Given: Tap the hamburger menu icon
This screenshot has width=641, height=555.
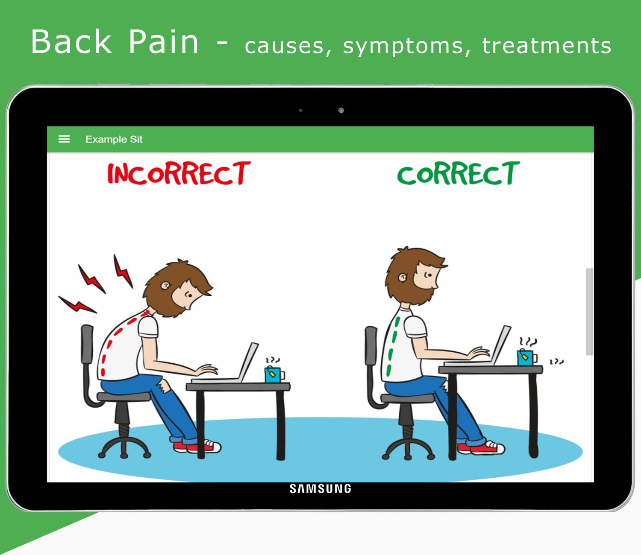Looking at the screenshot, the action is click(x=64, y=139).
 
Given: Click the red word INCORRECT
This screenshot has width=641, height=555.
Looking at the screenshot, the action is click(x=179, y=173).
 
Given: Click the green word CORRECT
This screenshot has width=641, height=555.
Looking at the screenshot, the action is click(x=459, y=173).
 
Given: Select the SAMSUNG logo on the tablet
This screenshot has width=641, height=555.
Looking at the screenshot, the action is click(x=320, y=489).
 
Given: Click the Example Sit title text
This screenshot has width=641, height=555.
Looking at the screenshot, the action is click(x=114, y=140).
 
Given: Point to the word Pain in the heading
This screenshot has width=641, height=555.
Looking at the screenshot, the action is click(x=163, y=42).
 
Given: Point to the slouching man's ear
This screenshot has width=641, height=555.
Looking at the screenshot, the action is click(x=165, y=285).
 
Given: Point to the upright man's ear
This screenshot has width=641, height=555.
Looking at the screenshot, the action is click(x=403, y=277).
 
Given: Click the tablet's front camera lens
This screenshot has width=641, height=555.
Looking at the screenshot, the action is click(x=341, y=110).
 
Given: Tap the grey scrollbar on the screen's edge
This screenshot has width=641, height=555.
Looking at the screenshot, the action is click(x=589, y=311).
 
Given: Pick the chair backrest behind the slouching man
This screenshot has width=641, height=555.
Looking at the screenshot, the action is click(x=87, y=344).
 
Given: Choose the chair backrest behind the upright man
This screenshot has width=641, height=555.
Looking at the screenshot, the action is click(x=371, y=345).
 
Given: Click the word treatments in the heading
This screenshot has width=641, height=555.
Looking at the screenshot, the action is click(x=547, y=45).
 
